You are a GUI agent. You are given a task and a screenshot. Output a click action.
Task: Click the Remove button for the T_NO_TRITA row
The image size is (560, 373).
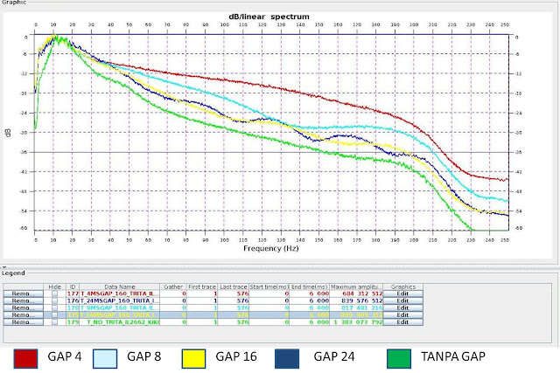22,322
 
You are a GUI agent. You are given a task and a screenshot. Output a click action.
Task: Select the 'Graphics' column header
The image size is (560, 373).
402,286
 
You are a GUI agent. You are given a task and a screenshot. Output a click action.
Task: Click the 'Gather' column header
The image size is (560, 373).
174,286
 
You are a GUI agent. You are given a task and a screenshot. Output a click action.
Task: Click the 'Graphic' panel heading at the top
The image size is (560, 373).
15,3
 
